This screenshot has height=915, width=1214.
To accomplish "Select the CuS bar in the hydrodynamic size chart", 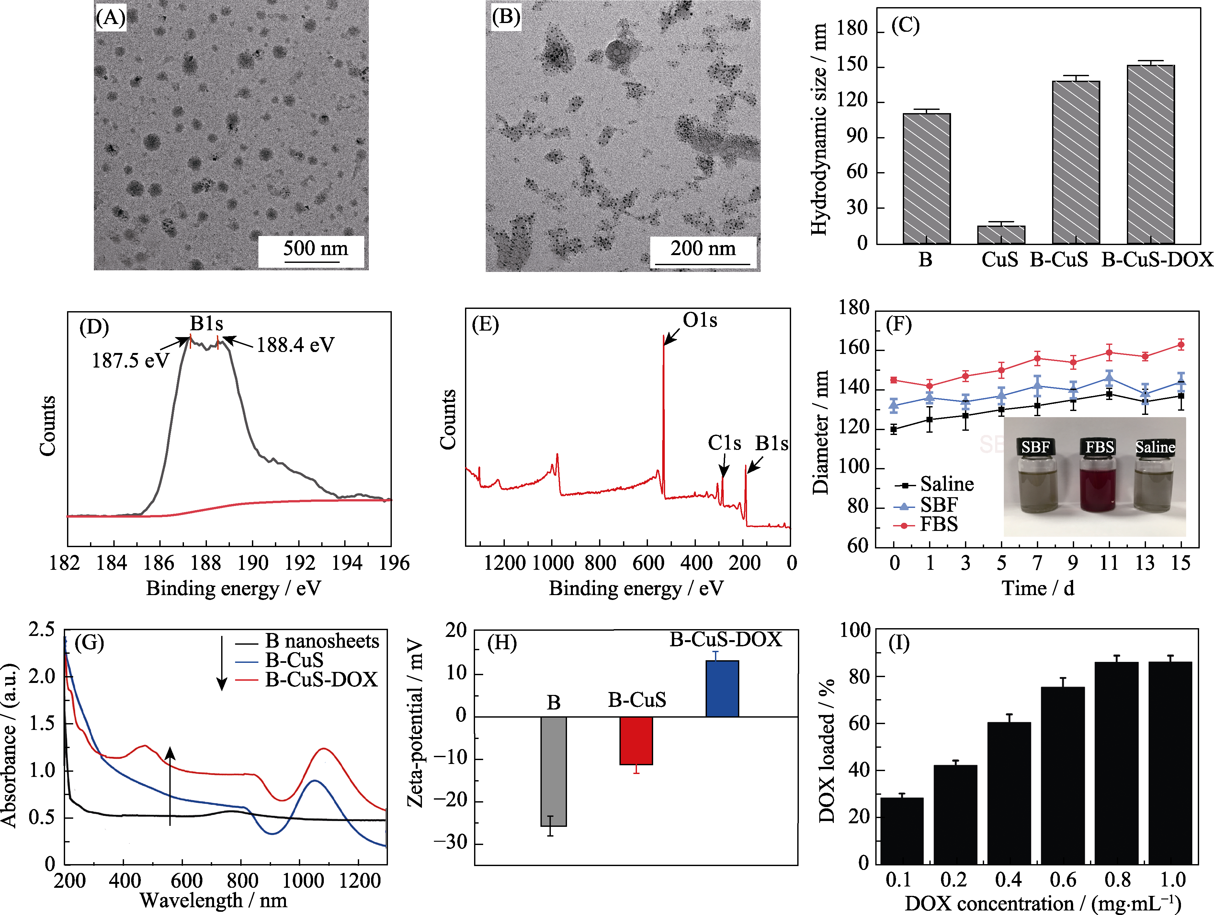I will (x=1001, y=235).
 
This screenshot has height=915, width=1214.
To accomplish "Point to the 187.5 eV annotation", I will (x=130, y=361).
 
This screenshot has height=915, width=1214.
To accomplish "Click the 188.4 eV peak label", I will (x=295, y=345).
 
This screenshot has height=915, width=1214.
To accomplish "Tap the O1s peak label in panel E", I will (x=700, y=320).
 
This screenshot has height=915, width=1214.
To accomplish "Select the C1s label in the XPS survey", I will (x=724, y=443).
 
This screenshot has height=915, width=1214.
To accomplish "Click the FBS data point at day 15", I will (x=1181, y=345).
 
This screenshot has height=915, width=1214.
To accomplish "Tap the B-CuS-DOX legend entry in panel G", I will (x=321, y=680).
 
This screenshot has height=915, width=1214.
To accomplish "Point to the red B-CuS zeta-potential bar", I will (x=636, y=740).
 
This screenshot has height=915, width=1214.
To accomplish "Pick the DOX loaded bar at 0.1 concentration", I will (x=902, y=830).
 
